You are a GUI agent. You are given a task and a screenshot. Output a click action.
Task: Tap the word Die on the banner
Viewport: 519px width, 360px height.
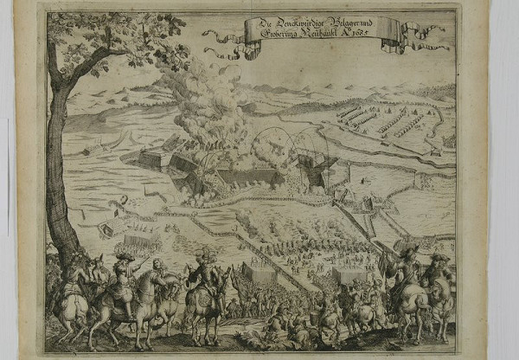256,25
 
